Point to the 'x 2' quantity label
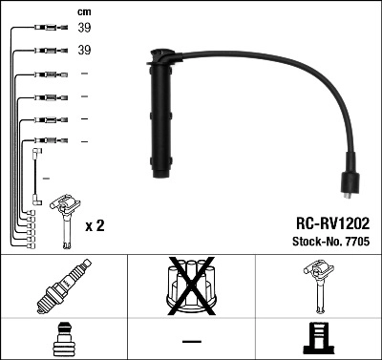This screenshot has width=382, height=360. [x=95, y=226]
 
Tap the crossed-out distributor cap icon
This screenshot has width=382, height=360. [x=191, y=286]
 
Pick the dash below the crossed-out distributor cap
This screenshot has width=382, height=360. [x=191, y=341]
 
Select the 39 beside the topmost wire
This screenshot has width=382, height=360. [x=84, y=29]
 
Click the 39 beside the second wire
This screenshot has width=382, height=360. [x=84, y=50]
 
